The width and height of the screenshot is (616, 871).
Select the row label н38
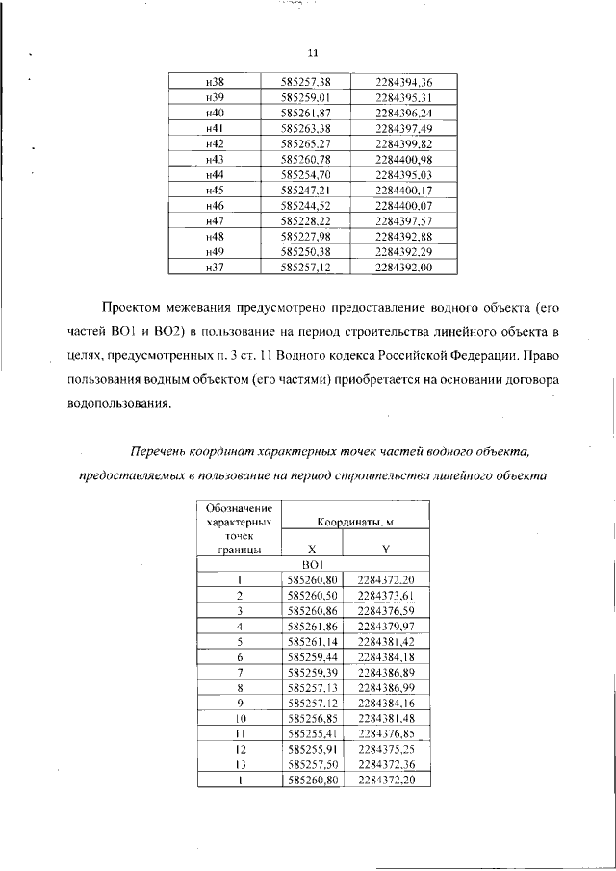215,82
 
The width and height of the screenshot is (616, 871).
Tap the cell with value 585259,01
305,97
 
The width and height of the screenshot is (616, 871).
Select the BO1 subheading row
314,565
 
